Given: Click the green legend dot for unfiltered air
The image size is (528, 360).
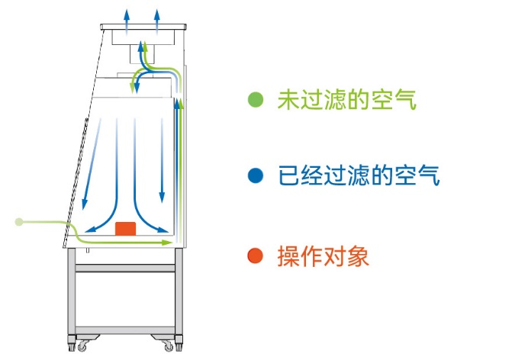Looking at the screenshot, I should tap(256, 99).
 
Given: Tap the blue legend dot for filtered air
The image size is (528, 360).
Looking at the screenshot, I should tap(256, 176).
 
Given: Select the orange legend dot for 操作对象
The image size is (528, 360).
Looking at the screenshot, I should tap(256, 256).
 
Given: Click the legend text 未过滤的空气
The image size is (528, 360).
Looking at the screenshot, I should tap(347, 99).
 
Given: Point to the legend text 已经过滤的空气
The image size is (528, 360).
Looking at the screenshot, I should tap(358, 176).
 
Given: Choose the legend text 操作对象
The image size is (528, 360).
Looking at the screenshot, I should tap(324, 256).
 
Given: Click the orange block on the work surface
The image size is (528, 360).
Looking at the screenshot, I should tap(125, 228).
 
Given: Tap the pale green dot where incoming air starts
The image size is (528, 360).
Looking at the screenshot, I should tap(19, 222).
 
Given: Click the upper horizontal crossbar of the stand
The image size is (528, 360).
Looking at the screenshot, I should tap(127, 268).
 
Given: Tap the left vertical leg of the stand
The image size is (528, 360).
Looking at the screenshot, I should tap(72, 297).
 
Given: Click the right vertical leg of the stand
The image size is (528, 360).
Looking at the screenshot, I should tap(179, 297).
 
